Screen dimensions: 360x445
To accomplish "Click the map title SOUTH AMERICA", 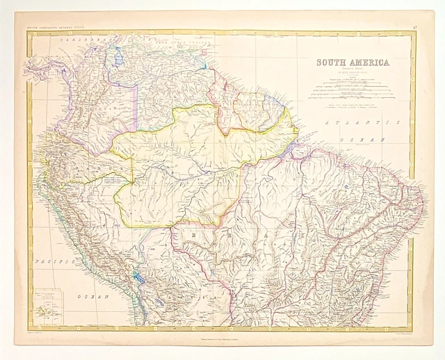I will pos(353,63).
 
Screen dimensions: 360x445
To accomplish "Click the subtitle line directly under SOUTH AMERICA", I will pos(353,69).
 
